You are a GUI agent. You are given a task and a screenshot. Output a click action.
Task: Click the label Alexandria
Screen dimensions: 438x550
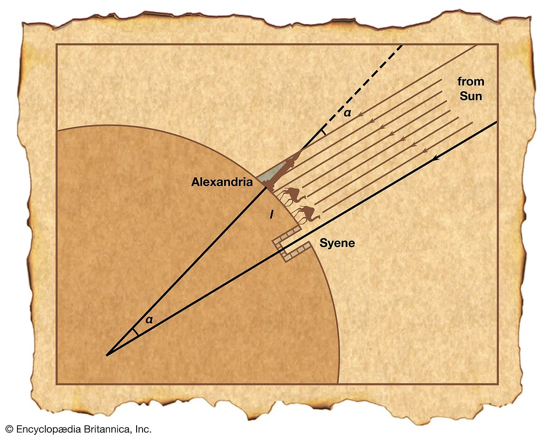(222, 182)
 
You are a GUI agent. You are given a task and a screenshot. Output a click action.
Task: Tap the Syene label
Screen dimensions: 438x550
(337, 243)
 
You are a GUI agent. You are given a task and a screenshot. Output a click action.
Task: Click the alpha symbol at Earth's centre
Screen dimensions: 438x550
(148, 320)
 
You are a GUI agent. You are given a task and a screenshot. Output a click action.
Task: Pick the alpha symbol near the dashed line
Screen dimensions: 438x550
(347, 113)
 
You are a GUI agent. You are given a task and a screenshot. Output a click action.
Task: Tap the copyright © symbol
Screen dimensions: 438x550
(9, 429)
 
